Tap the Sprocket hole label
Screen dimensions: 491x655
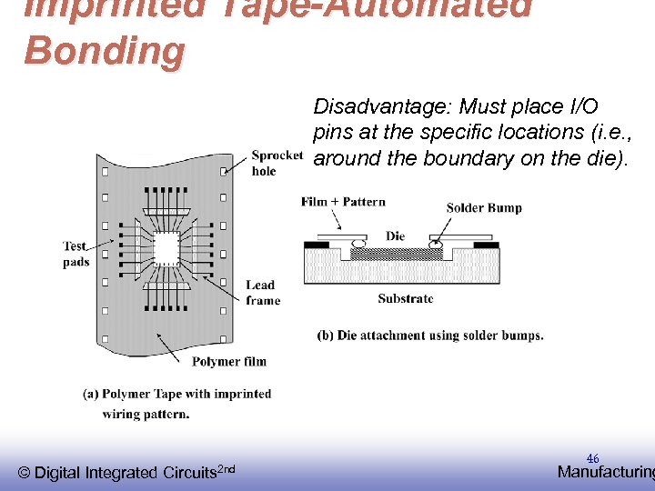click(x=277, y=163)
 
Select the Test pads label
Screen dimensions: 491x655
click(x=76, y=254)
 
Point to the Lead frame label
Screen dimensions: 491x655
click(x=263, y=293)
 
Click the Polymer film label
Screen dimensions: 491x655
click(x=228, y=361)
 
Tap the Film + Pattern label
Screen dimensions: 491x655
click(x=343, y=202)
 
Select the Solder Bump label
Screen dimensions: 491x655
click(x=484, y=207)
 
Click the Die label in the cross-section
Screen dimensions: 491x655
click(x=395, y=235)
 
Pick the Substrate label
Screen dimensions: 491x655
click(x=406, y=298)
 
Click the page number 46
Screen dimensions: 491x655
click(x=592, y=459)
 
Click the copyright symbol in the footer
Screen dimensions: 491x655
click(x=25, y=473)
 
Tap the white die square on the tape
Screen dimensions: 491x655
click(x=166, y=246)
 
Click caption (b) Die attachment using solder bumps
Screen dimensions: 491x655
click(x=429, y=335)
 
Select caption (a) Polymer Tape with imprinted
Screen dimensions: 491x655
click(x=176, y=394)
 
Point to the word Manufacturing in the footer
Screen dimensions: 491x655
click(x=605, y=472)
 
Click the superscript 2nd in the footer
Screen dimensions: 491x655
click(x=227, y=468)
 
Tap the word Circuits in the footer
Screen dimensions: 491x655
click(x=189, y=473)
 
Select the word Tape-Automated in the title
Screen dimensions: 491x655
click(x=365, y=7)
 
